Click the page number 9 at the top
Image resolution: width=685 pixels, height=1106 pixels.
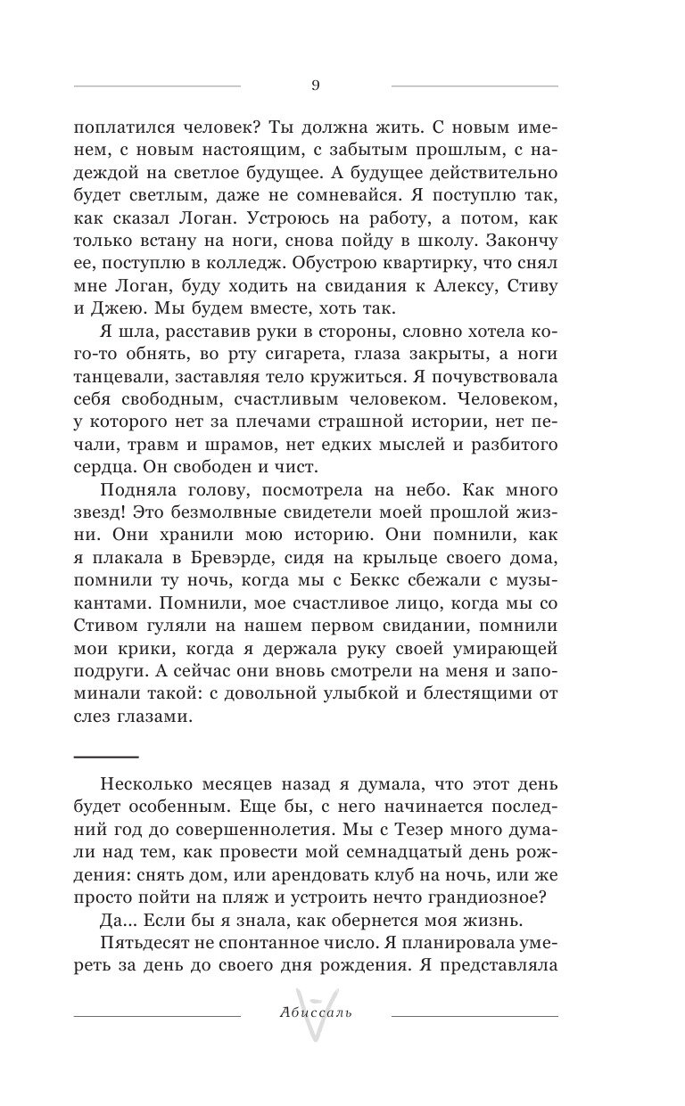click(316, 86)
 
